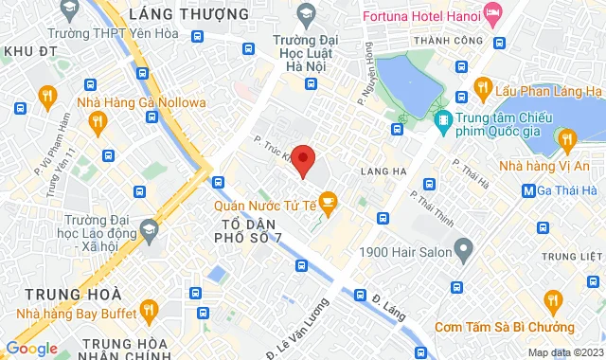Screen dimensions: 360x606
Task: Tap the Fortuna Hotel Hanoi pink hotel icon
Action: coord(492,13)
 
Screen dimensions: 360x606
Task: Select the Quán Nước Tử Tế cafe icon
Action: coord(328,200)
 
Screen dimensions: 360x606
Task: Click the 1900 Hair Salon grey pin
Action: coord(463,251)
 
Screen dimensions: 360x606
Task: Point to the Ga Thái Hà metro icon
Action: coord(528,190)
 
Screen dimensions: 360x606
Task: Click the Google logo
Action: coord(31,348)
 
